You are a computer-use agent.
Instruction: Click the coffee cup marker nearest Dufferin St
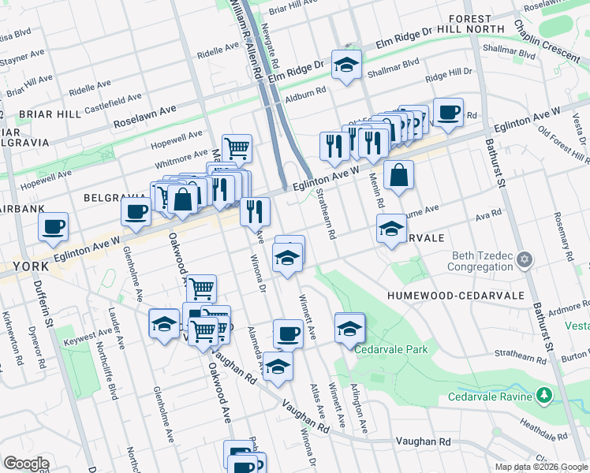[x=54, y=227]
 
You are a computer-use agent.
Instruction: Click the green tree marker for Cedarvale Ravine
[x=543, y=395]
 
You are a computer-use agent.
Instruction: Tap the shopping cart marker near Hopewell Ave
[x=237, y=147]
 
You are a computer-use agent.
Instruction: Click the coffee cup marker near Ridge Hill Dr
[x=448, y=112]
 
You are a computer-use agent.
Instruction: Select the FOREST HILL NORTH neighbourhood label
[x=476, y=24]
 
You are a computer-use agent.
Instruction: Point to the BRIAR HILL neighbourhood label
[x=50, y=114]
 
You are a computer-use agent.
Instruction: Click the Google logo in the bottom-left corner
[x=26, y=464]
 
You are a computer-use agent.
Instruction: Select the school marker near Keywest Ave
[x=164, y=323]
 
